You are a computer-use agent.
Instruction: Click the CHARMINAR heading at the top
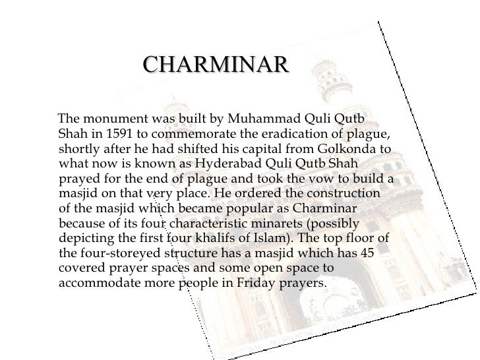(216, 65)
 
